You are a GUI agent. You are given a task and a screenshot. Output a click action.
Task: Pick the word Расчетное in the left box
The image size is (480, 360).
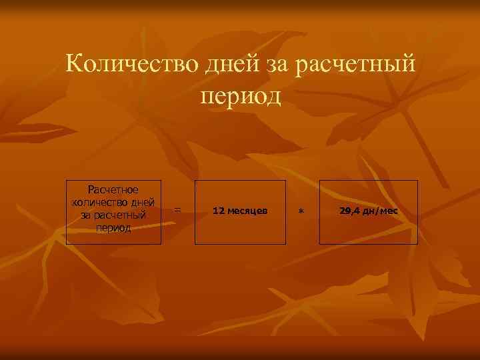113,190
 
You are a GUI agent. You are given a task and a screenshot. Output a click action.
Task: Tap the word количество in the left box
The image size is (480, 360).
97,203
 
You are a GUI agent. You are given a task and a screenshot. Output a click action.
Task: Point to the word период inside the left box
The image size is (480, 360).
113,227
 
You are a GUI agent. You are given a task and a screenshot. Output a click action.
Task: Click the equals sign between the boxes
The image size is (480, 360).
177,210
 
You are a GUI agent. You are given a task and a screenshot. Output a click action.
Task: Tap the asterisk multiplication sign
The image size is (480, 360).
301,211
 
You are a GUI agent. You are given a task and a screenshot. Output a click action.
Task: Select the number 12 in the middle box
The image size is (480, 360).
217,211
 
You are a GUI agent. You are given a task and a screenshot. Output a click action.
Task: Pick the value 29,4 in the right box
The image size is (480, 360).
349,211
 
